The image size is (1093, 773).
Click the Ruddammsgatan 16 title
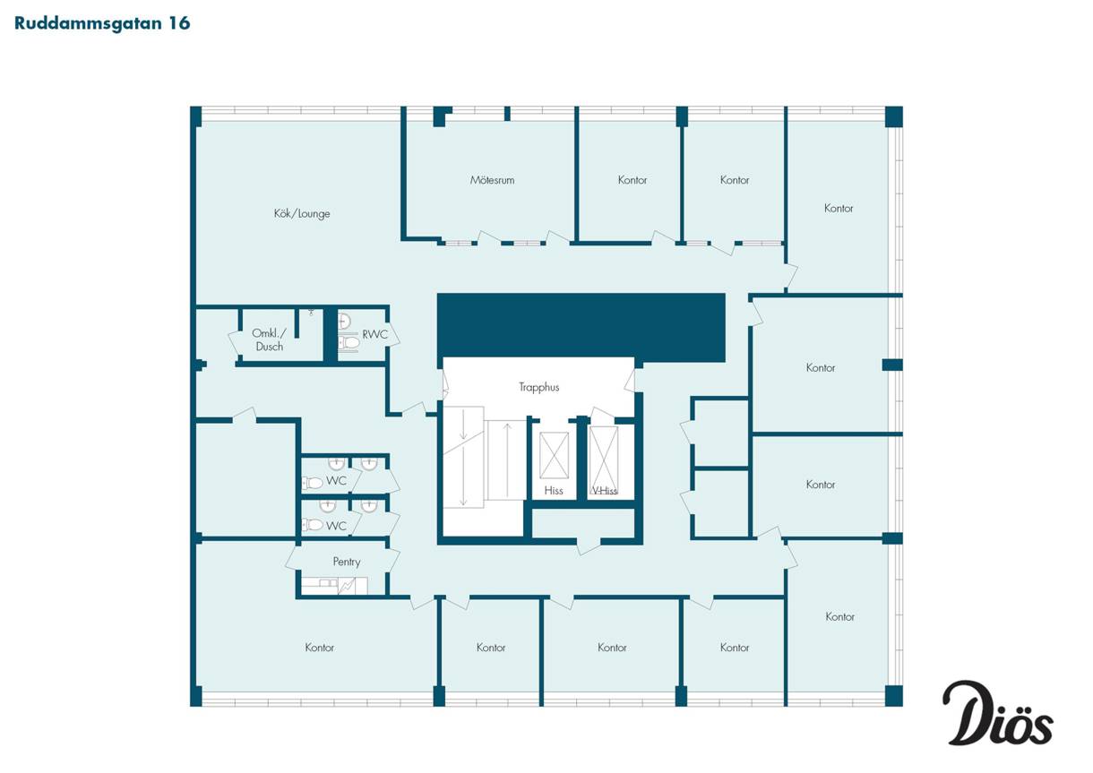102,23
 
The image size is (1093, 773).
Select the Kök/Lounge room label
302,213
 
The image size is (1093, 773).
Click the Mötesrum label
492,180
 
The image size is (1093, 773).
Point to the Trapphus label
538,387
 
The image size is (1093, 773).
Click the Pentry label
347,562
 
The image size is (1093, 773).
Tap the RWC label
374,335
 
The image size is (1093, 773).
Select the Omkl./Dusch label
270,340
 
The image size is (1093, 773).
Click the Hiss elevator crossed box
554,456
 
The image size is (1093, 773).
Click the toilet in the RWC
349,342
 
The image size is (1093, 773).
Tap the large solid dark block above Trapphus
581,327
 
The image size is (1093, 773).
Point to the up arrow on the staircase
507,460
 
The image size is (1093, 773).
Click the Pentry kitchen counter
334,586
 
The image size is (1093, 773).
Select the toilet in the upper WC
313,483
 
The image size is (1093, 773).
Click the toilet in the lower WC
313,525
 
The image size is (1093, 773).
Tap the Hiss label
554,491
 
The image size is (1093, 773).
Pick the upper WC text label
336,481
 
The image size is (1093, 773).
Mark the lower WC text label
336,526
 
